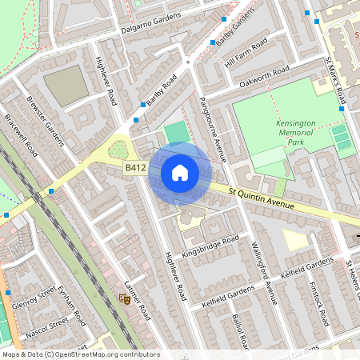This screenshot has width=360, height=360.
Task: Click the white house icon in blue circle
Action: point(180,173)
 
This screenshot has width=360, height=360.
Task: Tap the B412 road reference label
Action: point(134,168)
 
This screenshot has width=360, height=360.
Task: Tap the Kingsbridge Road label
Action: point(210,246)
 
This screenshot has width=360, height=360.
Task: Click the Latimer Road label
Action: point(138,300)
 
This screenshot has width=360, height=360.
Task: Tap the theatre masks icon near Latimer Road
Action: point(124,298)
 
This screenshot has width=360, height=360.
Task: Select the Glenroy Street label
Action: point(34,298)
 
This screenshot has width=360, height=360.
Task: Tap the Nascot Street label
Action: point(47,326)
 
